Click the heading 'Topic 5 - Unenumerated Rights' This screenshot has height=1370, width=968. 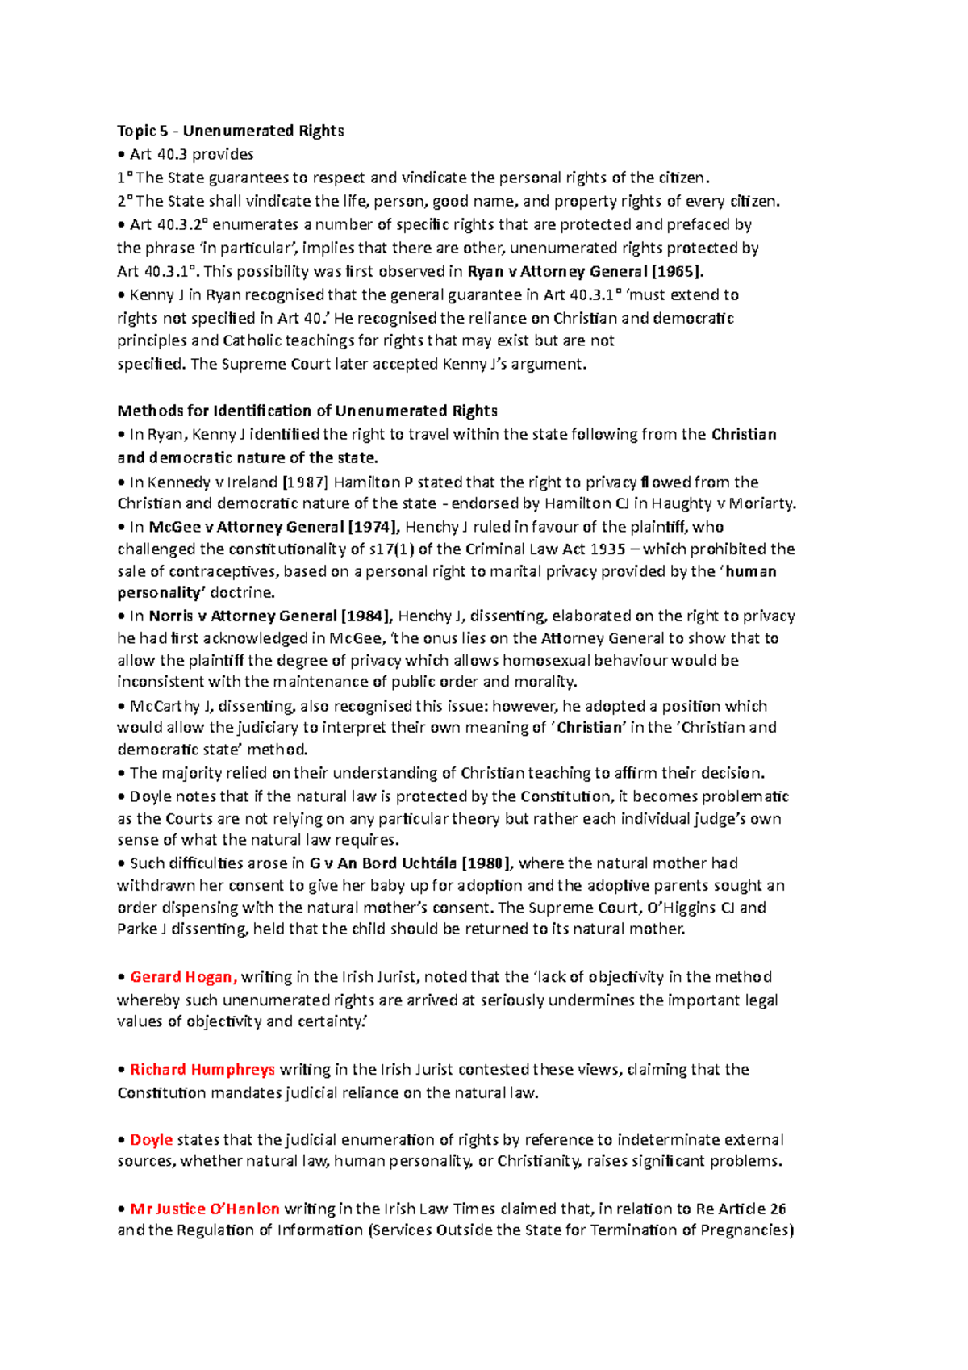pos(231,131)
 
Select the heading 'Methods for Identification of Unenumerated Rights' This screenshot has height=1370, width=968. pos(307,411)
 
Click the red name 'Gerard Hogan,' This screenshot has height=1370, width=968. pos(183,977)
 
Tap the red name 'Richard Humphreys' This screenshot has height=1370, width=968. pos(202,1070)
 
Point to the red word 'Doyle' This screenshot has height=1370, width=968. pos(152,1140)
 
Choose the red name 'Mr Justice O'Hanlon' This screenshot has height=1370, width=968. pos(205,1209)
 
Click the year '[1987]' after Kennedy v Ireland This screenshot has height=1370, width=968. pos(305,482)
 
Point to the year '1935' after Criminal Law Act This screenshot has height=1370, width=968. pos(607,549)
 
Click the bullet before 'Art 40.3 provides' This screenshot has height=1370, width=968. pos(122,154)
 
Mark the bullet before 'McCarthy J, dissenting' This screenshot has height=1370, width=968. pos(122,707)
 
